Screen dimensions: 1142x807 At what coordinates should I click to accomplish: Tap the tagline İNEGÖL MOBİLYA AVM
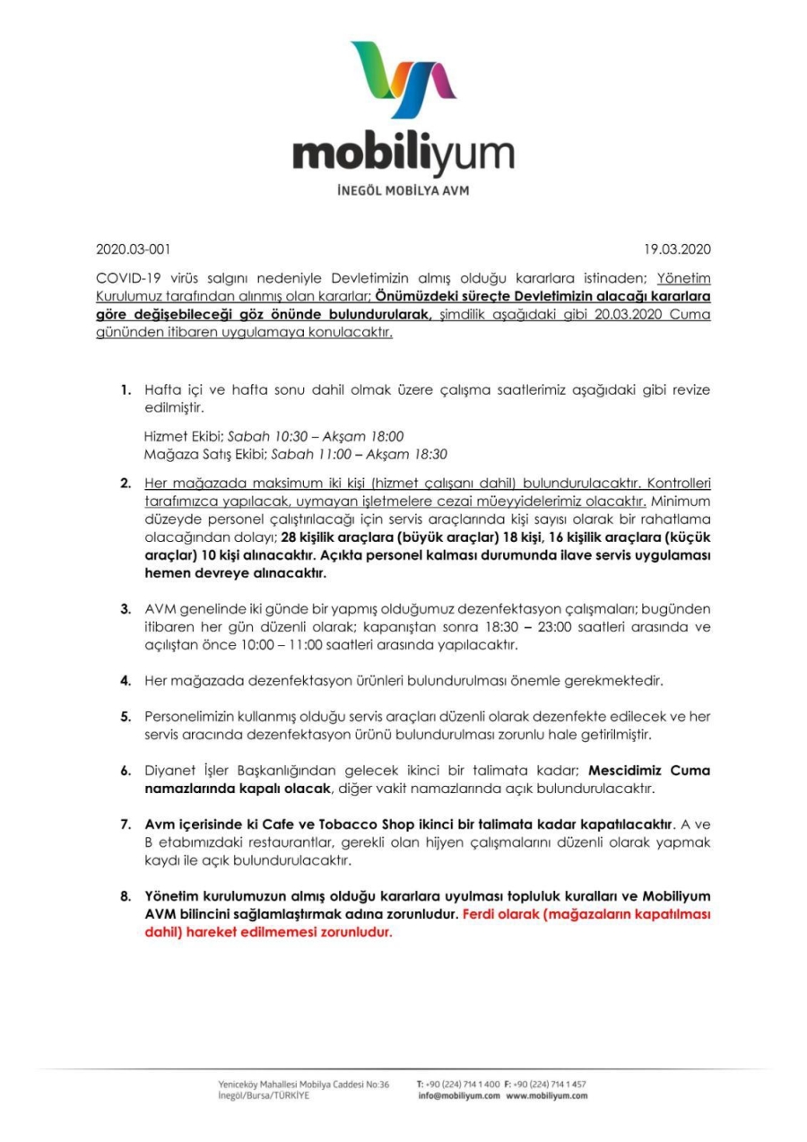pos(403,191)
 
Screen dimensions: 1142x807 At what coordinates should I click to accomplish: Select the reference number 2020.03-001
pos(133,248)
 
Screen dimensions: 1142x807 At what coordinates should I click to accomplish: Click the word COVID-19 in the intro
pos(126,279)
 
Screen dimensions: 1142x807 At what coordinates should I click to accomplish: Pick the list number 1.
pos(127,391)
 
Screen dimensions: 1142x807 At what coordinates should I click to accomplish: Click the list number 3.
pos(127,610)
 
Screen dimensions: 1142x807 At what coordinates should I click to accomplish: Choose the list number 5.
pos(127,716)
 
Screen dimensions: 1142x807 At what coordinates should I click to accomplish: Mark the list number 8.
pos(127,895)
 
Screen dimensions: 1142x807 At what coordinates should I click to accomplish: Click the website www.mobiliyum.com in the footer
pos(547,1095)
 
